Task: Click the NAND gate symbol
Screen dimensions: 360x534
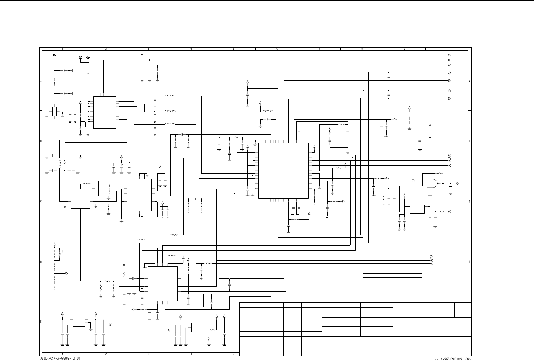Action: click(431, 183)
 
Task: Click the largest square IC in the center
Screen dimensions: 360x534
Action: click(283, 171)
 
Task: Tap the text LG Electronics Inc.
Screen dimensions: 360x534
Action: click(453, 358)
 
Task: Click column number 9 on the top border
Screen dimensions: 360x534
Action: click(404, 49)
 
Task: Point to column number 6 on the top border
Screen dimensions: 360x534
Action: click(277, 49)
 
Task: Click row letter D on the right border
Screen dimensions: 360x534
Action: click(469, 262)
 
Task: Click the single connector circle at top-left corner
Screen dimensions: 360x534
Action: click(55, 55)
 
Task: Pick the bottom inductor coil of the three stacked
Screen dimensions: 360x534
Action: click(170, 124)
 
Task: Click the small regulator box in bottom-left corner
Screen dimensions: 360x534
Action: click(79, 322)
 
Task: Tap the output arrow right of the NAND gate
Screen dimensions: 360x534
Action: click(457, 183)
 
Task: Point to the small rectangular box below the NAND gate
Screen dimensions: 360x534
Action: click(417, 209)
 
